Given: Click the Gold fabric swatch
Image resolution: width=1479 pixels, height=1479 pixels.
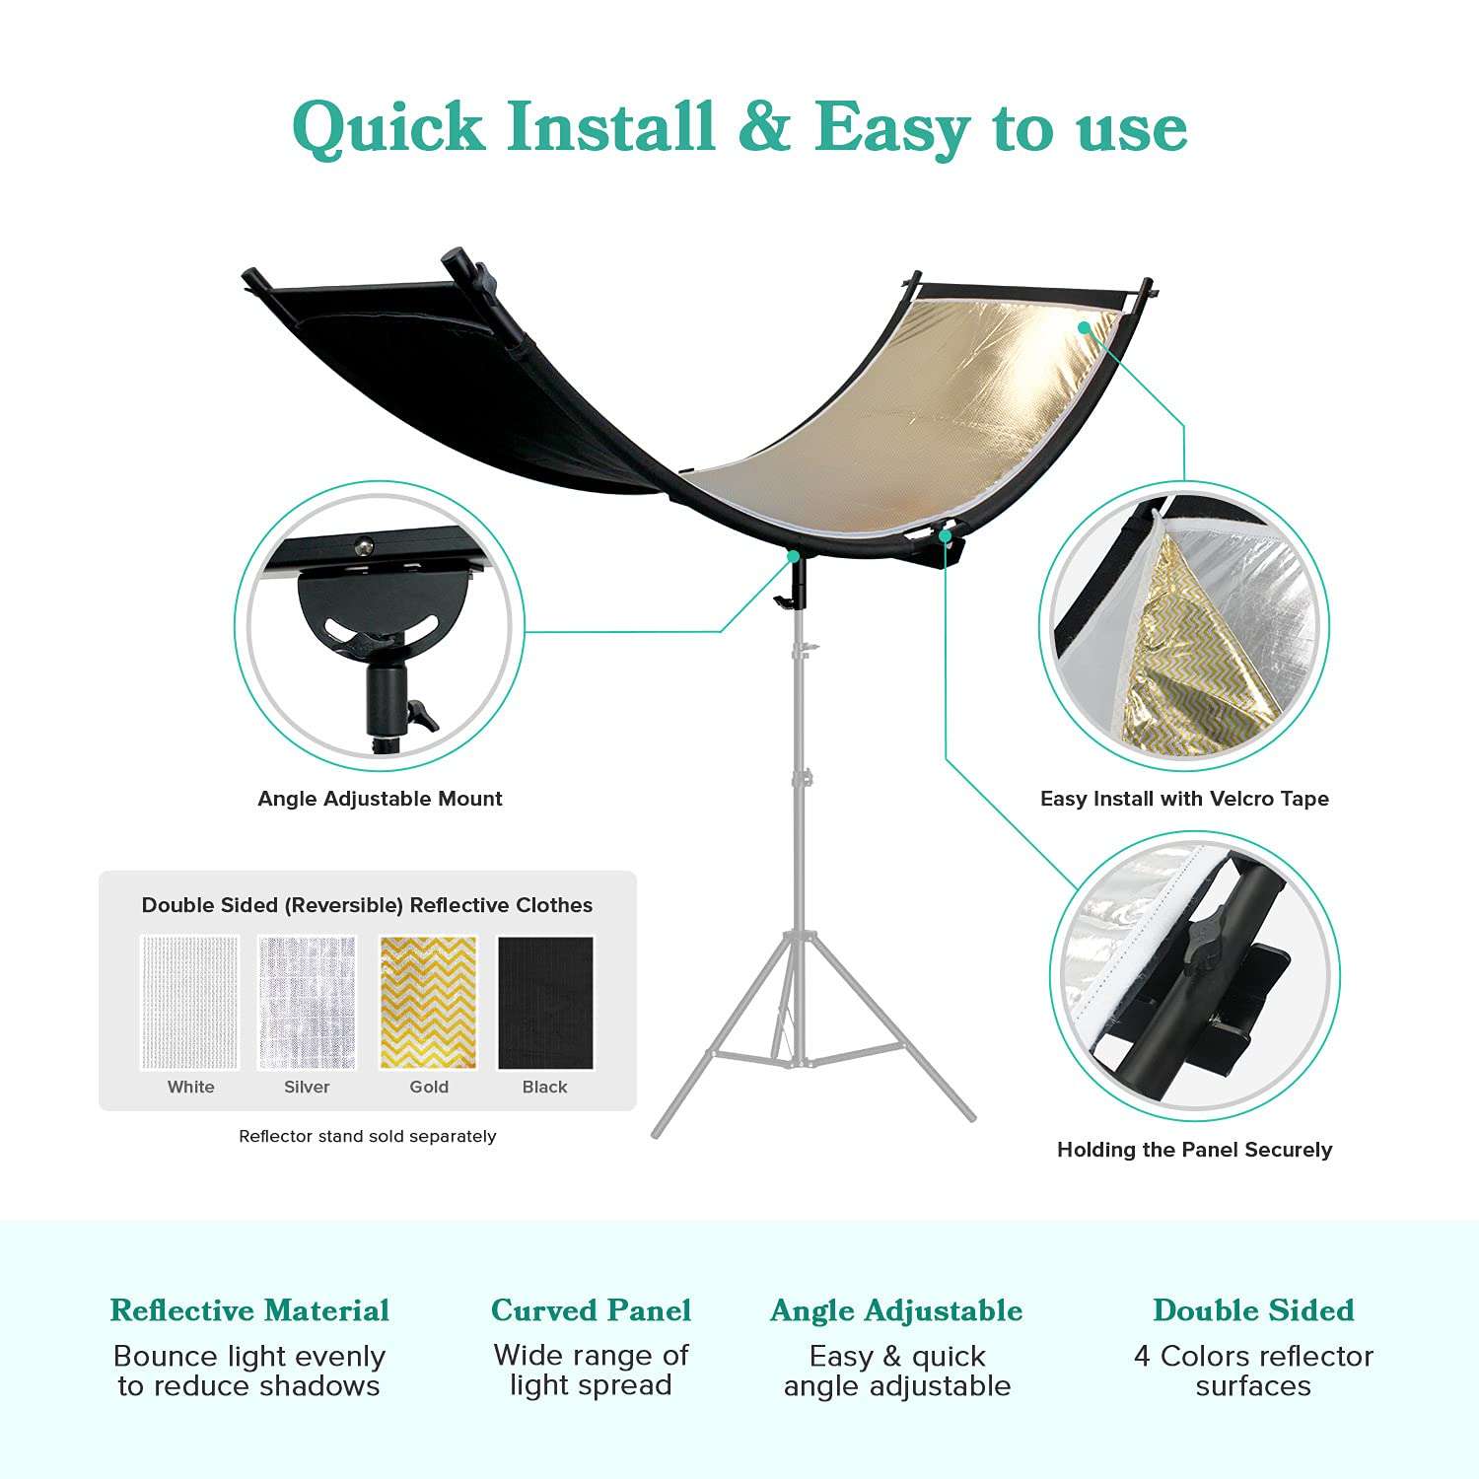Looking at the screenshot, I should click(428, 1002).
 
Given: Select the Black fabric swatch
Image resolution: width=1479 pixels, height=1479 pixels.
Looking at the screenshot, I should click(545, 1002).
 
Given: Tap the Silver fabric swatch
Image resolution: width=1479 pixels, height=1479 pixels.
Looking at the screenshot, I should click(307, 1002).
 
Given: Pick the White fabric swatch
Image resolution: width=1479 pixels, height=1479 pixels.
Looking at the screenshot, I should click(190, 1002).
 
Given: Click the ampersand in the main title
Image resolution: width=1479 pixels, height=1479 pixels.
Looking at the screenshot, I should click(763, 128).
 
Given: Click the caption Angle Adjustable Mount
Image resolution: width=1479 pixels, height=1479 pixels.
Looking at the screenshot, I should click(380, 799).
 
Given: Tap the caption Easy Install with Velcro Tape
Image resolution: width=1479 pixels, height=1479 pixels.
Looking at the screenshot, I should click(1184, 799).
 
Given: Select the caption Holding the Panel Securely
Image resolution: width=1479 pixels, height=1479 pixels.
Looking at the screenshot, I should click(1194, 1150).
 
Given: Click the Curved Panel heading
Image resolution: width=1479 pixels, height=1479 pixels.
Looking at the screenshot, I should click(591, 1310).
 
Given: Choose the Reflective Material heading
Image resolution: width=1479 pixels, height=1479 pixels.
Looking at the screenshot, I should click(249, 1310).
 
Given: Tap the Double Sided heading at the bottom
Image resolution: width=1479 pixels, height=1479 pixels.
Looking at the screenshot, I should click(1253, 1310).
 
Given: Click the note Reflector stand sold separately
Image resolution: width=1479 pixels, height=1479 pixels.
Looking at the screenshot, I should click(367, 1136).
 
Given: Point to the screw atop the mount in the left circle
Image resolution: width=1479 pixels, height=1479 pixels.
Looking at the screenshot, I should click(365, 543).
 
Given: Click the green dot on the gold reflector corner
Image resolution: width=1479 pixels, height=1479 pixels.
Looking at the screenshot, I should click(1085, 326).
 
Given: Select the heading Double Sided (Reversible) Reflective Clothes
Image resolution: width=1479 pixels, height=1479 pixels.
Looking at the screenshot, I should click(367, 905).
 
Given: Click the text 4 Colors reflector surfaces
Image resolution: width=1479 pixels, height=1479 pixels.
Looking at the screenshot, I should click(1253, 1371).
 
